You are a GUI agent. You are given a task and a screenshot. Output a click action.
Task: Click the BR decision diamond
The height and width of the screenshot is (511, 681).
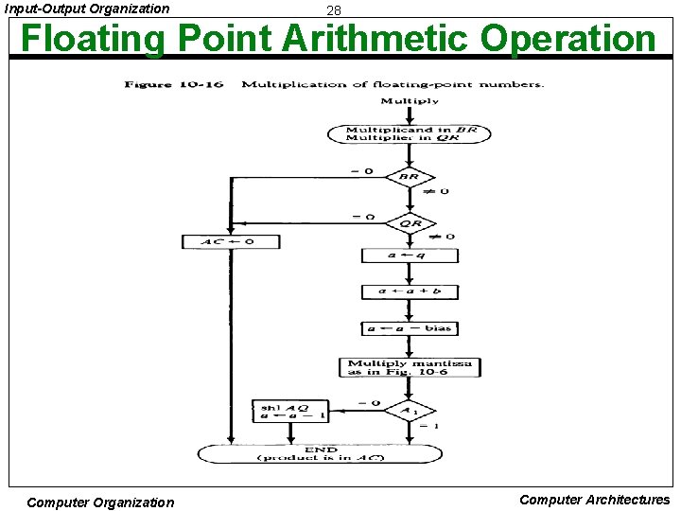click(409, 177)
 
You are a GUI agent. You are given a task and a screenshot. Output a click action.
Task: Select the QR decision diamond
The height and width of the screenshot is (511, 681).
click(410, 223)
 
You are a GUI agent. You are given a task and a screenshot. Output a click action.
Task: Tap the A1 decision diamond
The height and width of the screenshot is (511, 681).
click(410, 411)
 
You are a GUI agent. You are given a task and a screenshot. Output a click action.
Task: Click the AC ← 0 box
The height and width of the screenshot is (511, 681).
click(232, 241)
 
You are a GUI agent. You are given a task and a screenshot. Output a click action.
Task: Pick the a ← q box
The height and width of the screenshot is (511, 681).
click(410, 255)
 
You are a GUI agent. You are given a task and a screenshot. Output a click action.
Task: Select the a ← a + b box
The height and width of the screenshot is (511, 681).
click(410, 291)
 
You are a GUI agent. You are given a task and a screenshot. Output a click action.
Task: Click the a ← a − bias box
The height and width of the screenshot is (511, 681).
click(410, 328)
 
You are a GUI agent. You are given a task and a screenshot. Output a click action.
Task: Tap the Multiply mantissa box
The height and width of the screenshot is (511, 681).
click(410, 367)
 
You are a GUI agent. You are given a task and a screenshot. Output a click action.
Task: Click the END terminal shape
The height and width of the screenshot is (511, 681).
click(320, 453)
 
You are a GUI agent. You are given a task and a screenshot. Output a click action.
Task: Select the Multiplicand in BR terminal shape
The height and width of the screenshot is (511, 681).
click(409, 133)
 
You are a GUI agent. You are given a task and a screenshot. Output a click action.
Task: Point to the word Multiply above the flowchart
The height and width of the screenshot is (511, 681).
click(409, 101)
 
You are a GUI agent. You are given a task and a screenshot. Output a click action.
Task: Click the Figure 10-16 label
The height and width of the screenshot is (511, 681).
click(174, 85)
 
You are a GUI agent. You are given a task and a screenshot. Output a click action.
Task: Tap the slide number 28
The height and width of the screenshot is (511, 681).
click(333, 10)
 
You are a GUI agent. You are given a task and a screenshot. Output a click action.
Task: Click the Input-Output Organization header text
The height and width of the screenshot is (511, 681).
click(87, 9)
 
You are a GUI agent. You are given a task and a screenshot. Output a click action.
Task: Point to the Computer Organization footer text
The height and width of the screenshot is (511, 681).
click(100, 502)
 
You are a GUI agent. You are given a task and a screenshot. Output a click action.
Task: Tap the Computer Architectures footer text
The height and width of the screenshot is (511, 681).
click(594, 500)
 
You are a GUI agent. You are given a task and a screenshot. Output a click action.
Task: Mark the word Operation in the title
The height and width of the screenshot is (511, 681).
click(567, 39)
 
